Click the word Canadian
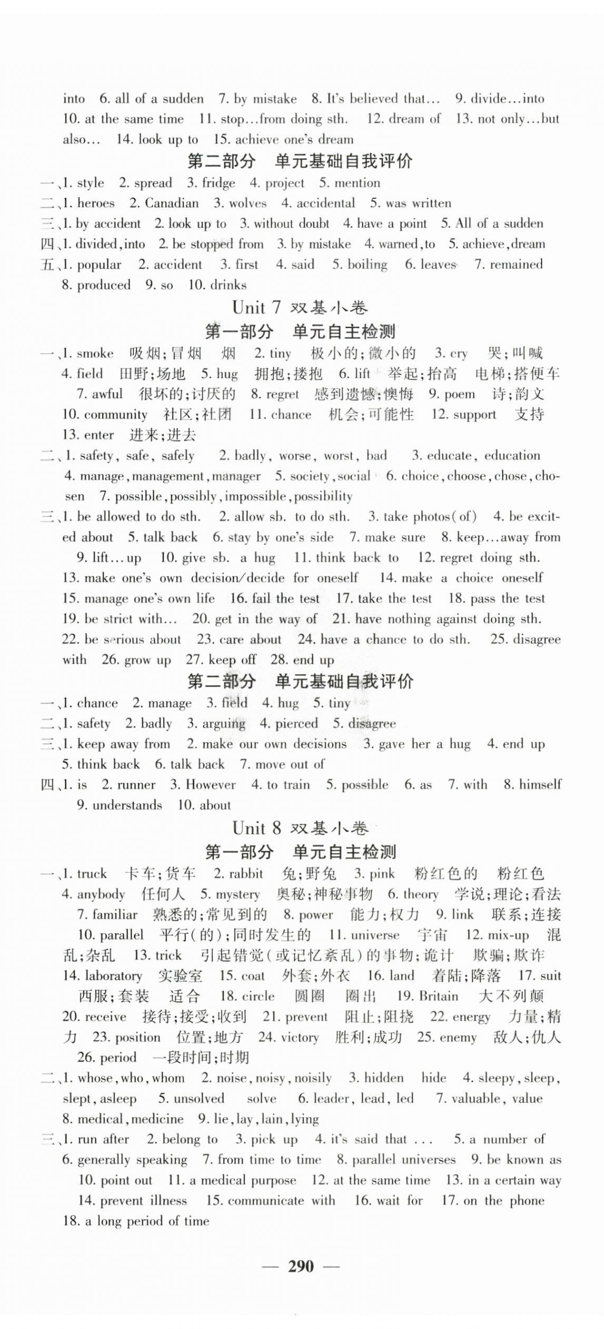tap(172, 203)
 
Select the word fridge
tap(218, 183)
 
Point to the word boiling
tap(367, 264)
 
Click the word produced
tap(103, 285)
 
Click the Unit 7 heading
tap(300, 308)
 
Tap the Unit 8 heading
tap(300, 828)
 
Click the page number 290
tap(301, 1266)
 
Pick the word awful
tap(107, 394)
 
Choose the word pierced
tap(297, 723)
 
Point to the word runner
tap(136, 785)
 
